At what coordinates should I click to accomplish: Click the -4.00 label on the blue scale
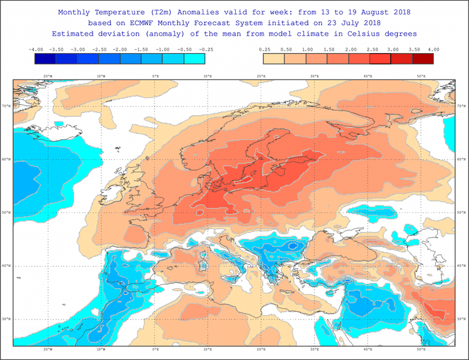tap(36, 49)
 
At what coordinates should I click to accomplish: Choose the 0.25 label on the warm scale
tap(263, 49)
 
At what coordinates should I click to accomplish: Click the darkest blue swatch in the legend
tap(46, 59)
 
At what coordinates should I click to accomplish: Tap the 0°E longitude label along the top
tap(155, 76)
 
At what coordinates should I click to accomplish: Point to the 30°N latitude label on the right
tap(461, 319)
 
